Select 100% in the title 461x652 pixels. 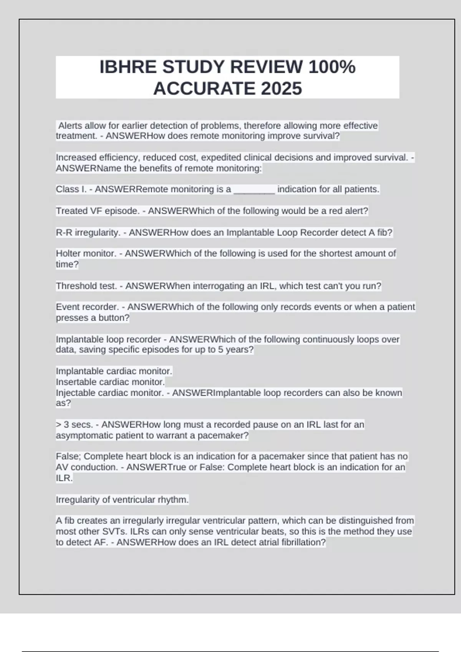click(332, 67)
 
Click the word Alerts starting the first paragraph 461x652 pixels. click(70, 126)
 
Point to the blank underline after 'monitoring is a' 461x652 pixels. click(254, 189)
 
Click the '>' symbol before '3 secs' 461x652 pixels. click(58, 425)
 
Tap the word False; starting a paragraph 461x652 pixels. click(68, 456)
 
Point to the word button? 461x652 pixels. click(114, 318)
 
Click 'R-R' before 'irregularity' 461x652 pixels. click(64, 233)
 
